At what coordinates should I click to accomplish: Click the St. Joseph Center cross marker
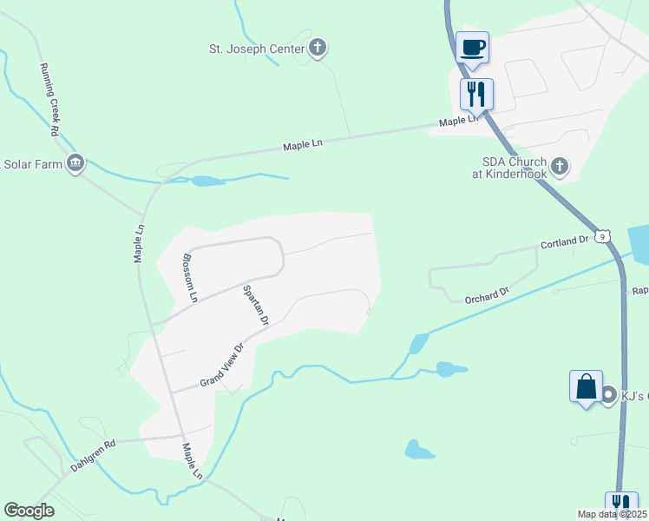click(318, 49)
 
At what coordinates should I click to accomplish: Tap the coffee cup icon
click(472, 47)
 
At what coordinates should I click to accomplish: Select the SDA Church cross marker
click(560, 165)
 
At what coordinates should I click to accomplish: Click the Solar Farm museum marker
click(75, 162)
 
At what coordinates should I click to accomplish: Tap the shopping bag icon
click(586, 386)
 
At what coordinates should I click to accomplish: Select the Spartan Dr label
click(255, 306)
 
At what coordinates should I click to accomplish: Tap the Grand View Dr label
click(223, 364)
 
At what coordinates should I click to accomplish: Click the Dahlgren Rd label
click(93, 455)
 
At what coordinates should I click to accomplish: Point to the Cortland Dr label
click(565, 243)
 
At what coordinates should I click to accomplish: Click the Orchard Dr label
click(486, 296)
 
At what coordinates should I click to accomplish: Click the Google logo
click(29, 511)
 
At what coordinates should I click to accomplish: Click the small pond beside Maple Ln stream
click(207, 181)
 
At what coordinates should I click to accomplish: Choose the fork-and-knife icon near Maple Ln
click(476, 94)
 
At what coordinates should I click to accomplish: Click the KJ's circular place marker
click(608, 395)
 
